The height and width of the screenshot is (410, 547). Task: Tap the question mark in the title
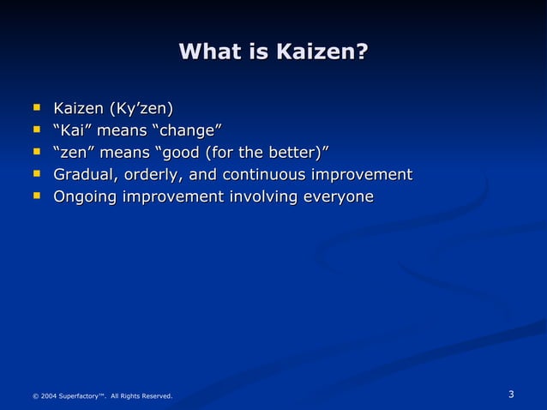point(361,52)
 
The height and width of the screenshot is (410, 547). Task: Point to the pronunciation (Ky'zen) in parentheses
point(139,109)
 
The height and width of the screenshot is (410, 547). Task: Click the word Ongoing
point(86,197)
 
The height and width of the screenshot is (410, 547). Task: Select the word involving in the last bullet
point(262,197)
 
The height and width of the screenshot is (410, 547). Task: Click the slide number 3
point(511,395)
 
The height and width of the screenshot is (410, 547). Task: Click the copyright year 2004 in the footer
point(49,396)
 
